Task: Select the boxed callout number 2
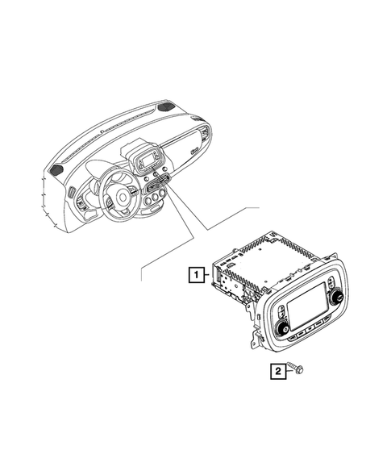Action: coord(277,371)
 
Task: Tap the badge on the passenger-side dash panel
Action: coord(195,149)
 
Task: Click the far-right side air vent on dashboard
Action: coord(209,133)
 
